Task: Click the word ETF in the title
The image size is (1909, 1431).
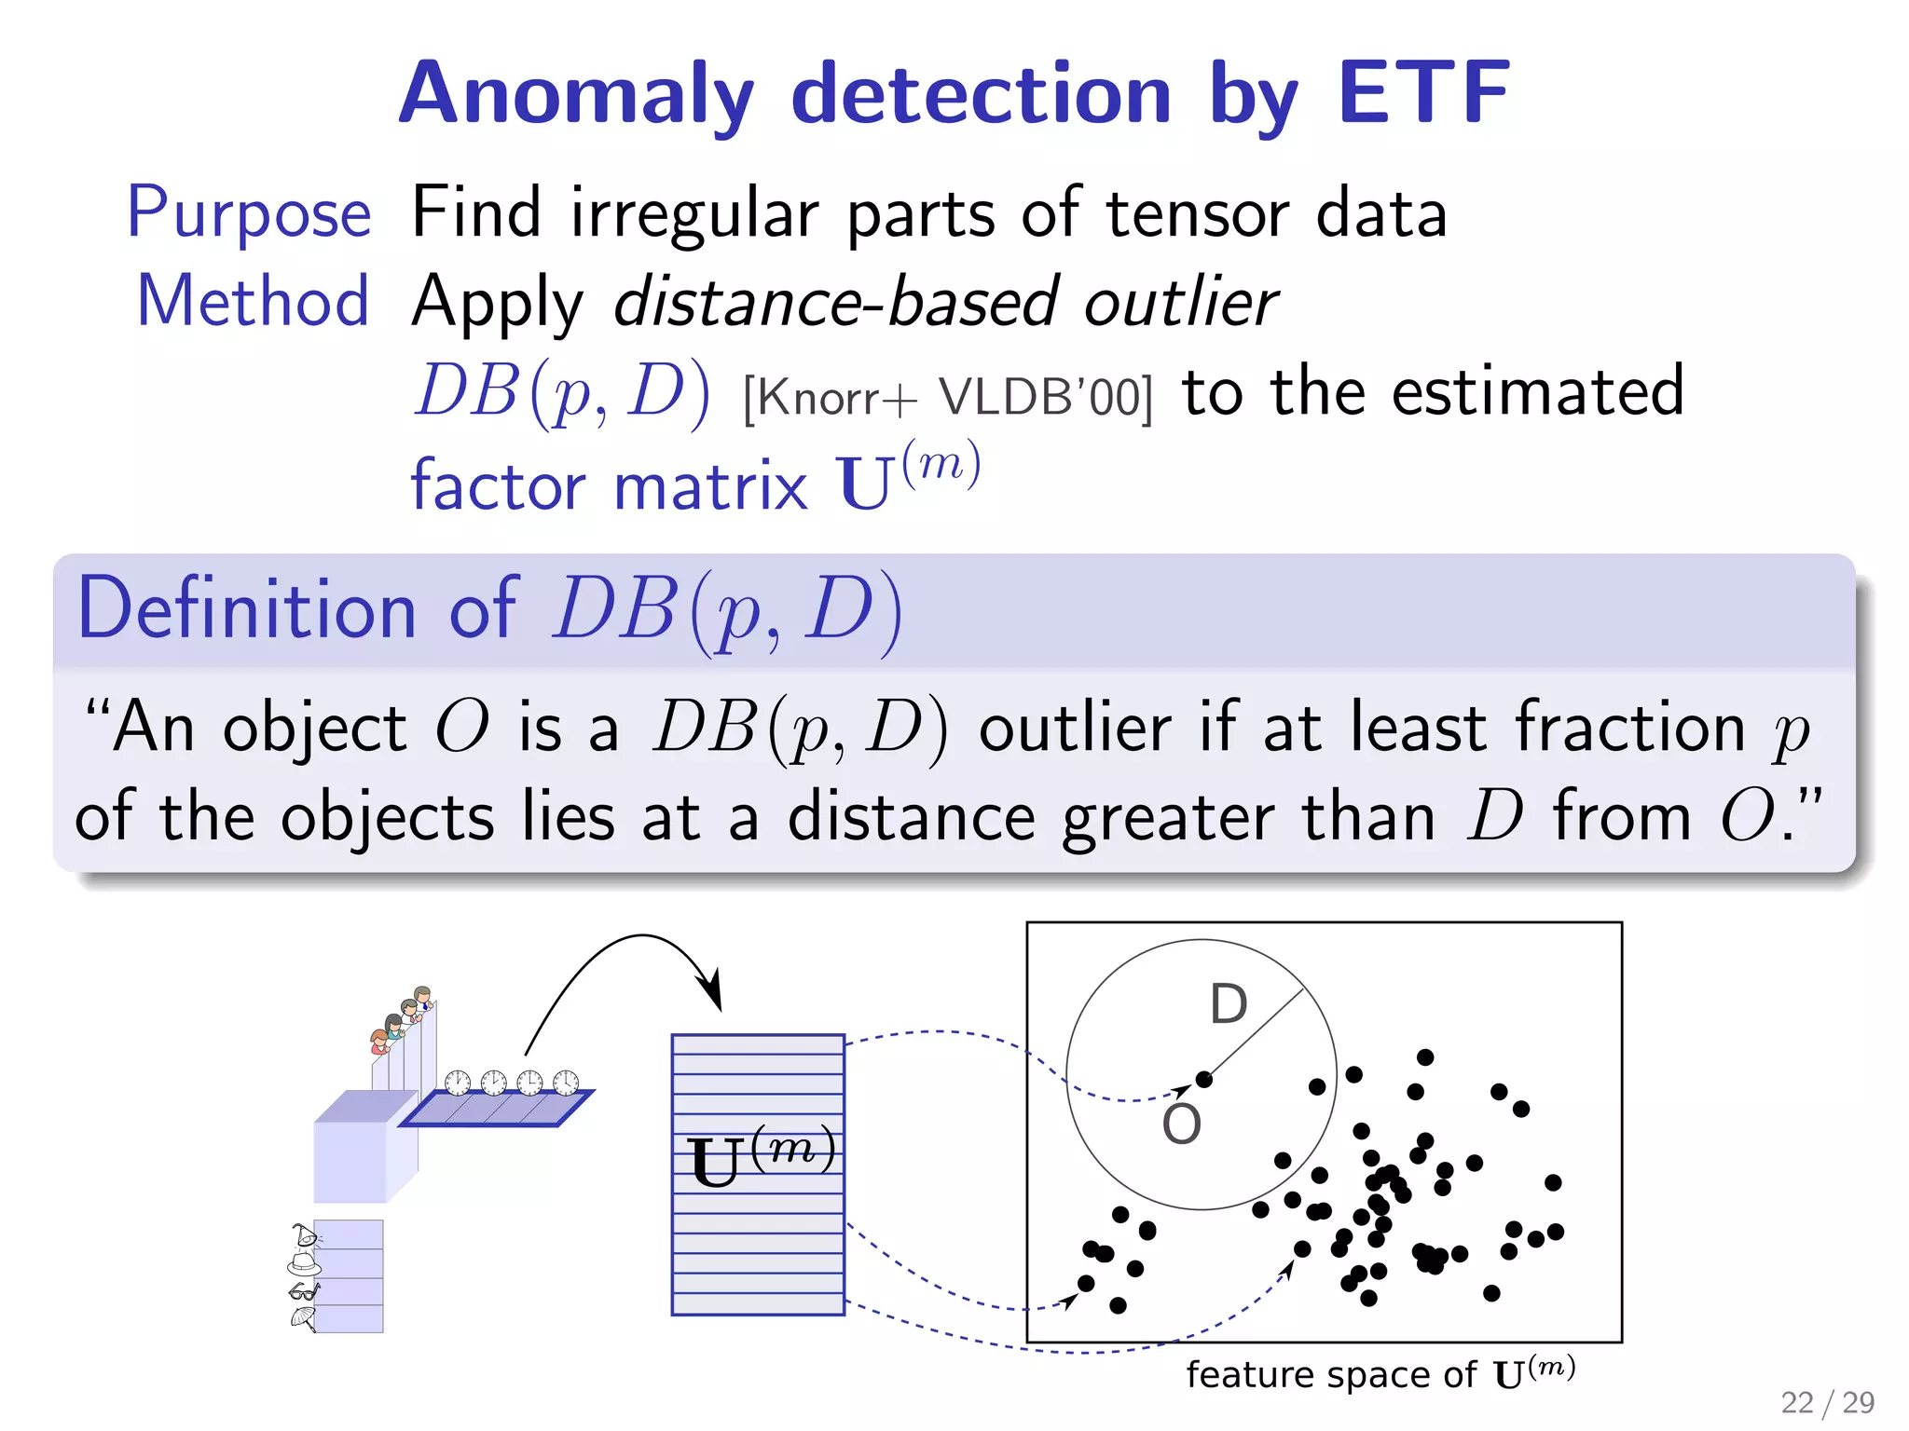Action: (x=1423, y=92)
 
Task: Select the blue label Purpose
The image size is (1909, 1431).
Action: (x=249, y=213)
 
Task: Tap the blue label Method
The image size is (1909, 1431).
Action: (x=254, y=302)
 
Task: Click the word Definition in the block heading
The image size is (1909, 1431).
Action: (x=247, y=609)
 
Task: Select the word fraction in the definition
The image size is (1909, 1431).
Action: (x=1630, y=728)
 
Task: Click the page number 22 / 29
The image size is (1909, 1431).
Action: (x=1827, y=1402)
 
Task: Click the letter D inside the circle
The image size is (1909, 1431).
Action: (x=1228, y=1004)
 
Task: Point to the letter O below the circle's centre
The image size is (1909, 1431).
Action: (x=1181, y=1124)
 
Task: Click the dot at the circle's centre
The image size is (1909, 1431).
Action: (x=1203, y=1079)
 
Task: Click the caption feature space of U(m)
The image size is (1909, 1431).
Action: (x=1380, y=1374)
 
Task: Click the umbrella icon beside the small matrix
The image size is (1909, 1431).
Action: (x=303, y=1318)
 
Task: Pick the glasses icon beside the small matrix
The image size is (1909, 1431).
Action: (x=304, y=1291)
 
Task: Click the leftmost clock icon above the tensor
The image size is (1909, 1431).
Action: (x=457, y=1083)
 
